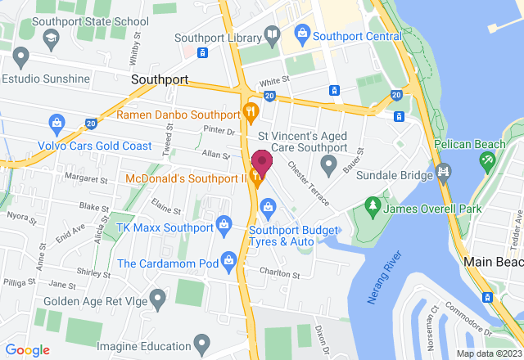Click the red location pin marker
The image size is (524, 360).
pyautogui.click(x=261, y=162)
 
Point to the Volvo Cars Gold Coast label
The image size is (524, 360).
pyautogui.click(x=95, y=146)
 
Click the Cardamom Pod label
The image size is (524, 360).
pyautogui.click(x=168, y=263)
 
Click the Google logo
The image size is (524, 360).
pyautogui.click(x=26, y=350)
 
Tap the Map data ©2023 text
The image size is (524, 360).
pyautogui.click(x=489, y=353)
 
